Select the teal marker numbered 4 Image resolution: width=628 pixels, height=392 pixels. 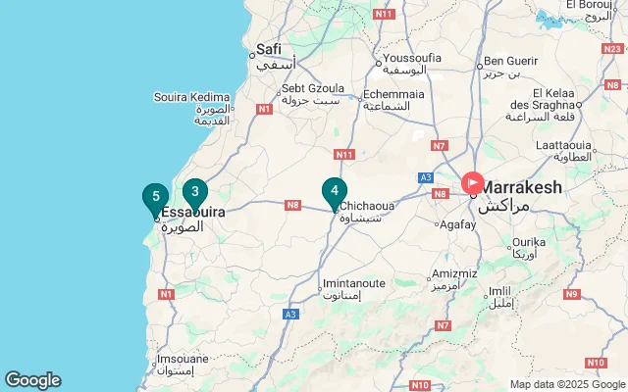(x=335, y=192)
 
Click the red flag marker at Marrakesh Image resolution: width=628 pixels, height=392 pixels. (x=472, y=183)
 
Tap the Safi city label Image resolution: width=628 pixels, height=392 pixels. (x=268, y=49)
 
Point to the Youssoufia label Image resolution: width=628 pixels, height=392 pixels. (x=412, y=58)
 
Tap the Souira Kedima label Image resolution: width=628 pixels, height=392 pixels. (x=192, y=97)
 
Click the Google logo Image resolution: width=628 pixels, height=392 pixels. (x=32, y=380)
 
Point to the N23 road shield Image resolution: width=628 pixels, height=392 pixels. (x=611, y=47)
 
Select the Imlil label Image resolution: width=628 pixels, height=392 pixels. (x=500, y=291)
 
